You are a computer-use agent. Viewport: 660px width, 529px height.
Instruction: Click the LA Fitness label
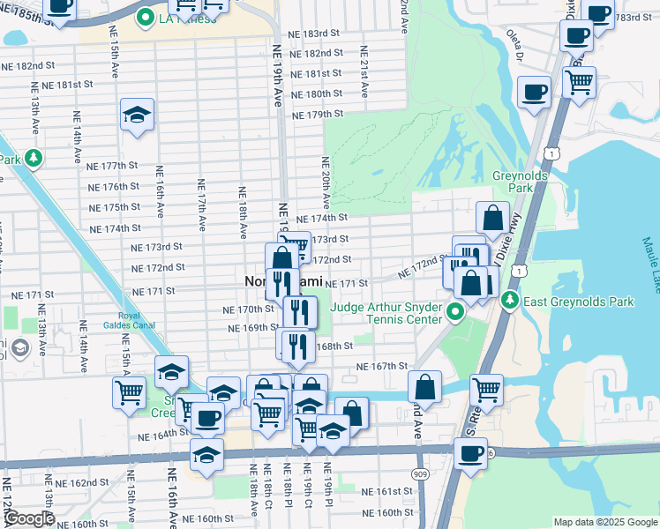(x=188, y=19)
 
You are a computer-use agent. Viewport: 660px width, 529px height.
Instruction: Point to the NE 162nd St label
(x=80, y=483)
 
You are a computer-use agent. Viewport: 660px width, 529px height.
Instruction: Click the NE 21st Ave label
(x=363, y=80)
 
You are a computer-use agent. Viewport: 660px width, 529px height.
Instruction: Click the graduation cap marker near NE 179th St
(x=137, y=115)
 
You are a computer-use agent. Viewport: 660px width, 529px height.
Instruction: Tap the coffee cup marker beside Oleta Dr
(x=535, y=91)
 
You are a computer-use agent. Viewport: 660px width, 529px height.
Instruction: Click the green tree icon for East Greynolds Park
(x=510, y=302)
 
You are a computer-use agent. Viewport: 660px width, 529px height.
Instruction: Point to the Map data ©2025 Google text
(x=604, y=522)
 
